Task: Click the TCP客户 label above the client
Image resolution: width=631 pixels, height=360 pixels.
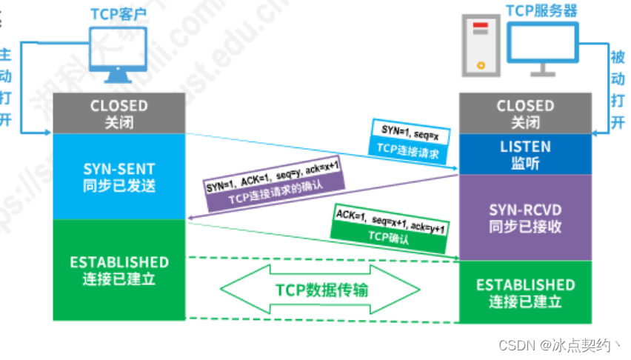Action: (118, 15)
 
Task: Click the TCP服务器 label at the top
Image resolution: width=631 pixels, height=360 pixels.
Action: (541, 10)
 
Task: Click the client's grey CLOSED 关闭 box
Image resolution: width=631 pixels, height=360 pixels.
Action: (118, 113)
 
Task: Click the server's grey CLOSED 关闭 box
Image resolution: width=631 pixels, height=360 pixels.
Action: (525, 113)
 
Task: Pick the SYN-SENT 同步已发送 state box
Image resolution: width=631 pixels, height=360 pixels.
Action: (118, 176)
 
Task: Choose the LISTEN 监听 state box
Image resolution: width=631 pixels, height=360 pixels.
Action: (525, 154)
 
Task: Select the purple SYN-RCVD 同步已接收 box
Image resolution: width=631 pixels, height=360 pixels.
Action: (525, 217)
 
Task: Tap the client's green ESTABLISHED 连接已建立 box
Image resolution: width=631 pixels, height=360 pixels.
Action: (118, 270)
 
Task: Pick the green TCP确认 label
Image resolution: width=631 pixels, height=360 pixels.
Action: (389, 234)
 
